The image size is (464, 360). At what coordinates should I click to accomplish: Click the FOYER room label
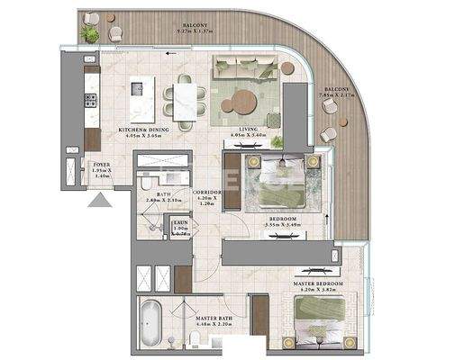pyautogui.click(x=101, y=168)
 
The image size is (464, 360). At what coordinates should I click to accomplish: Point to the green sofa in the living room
pyautogui.click(x=243, y=66)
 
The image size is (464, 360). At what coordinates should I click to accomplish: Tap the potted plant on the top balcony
pyautogui.click(x=90, y=33)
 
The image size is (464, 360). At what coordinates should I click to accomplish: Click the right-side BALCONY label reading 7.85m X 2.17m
pyautogui.click(x=339, y=93)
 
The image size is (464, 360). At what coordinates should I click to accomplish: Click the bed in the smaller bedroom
pyautogui.click(x=280, y=182)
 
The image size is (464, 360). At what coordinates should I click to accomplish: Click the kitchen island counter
pyautogui.click(x=142, y=99)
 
